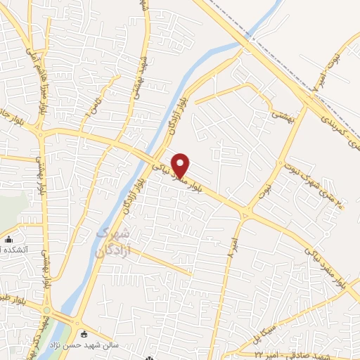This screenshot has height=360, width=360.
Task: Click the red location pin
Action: (x=181, y=165)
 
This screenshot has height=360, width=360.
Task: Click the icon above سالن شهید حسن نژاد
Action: (x=85, y=334)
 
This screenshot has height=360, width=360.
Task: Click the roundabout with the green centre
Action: (x=47, y=311)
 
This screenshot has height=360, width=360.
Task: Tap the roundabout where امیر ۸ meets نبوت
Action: (x=245, y=212)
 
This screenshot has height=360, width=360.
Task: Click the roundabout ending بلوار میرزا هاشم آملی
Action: (x=41, y=132)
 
